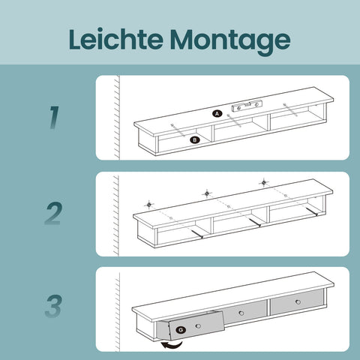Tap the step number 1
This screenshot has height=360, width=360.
53,117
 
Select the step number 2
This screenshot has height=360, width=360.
52,214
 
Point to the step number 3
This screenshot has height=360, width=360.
52,308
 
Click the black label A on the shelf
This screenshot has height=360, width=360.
217,113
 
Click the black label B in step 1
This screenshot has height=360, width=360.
194,139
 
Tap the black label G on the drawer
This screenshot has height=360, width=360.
181,328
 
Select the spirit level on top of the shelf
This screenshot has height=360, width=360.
246,106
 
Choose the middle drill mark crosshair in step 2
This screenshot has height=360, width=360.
207,193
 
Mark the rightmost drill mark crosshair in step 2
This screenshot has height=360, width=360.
263,182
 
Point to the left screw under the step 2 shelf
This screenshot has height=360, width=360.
196,233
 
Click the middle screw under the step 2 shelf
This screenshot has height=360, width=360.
254,223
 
